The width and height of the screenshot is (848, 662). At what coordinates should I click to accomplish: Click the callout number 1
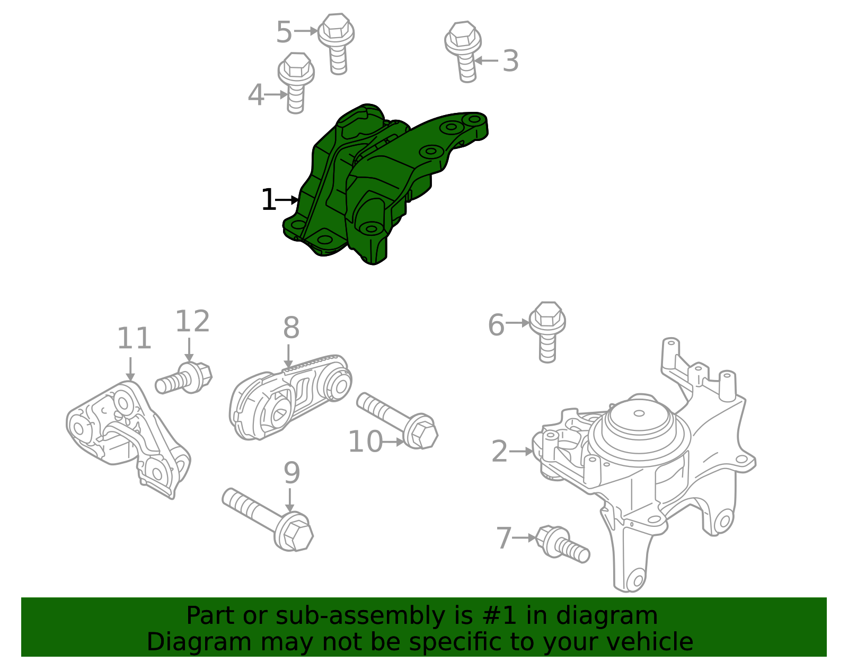coord(268,200)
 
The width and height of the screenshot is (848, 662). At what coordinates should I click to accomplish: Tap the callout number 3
coord(510,61)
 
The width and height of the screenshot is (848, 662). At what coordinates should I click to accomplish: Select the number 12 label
coord(192,322)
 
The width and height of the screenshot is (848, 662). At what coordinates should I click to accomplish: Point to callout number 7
coord(503,538)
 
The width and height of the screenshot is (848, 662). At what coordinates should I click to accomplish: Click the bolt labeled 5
coord(336,42)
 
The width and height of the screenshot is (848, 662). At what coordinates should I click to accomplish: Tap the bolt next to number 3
coord(463,50)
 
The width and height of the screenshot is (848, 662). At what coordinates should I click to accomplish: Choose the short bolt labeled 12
coord(185,377)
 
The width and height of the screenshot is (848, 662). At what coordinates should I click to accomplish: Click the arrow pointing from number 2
coord(521,452)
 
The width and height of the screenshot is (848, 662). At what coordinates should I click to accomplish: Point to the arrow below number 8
coord(288,356)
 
